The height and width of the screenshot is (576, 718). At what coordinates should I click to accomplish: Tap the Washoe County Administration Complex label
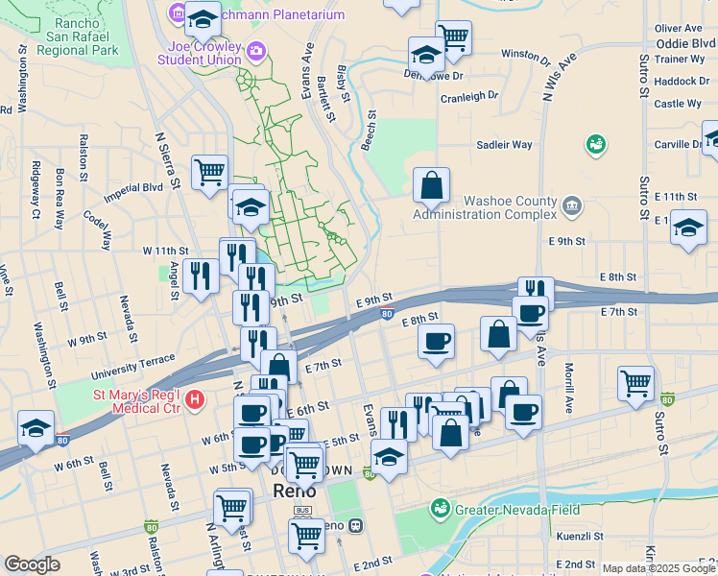tap(484, 208)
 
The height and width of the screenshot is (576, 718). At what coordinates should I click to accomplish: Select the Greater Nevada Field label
tap(505, 508)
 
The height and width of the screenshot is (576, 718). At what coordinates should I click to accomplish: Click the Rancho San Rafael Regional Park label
tap(73, 36)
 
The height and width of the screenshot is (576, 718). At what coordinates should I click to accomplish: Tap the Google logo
tap(32, 564)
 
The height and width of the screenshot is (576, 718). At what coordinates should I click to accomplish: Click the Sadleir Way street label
tap(504, 145)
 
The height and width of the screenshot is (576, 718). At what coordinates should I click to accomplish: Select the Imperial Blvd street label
tap(132, 188)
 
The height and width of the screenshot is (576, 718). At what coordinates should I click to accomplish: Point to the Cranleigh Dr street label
tap(469, 96)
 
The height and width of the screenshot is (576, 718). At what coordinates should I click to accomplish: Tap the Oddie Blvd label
tap(685, 43)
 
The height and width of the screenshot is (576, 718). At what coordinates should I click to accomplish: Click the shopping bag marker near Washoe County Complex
tap(432, 183)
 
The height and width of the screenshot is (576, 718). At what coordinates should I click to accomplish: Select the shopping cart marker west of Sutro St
tap(635, 383)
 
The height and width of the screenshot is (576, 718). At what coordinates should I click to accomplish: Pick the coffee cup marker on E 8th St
tap(437, 341)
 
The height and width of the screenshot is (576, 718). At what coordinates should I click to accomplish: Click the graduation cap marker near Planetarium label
tap(203, 17)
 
